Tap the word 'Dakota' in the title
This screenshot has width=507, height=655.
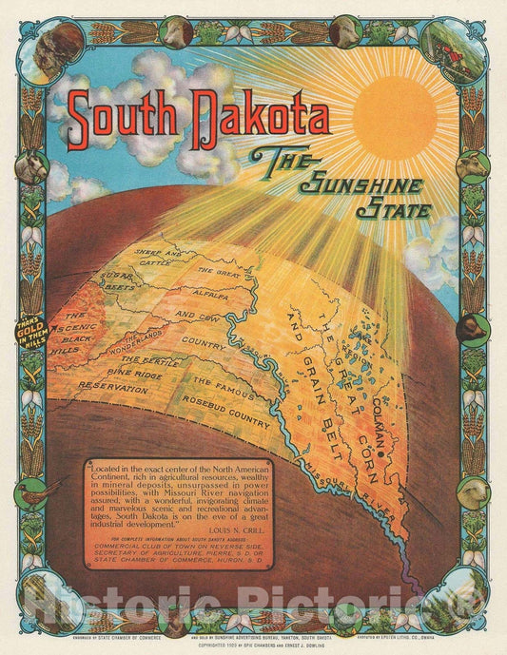pos(254,115)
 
